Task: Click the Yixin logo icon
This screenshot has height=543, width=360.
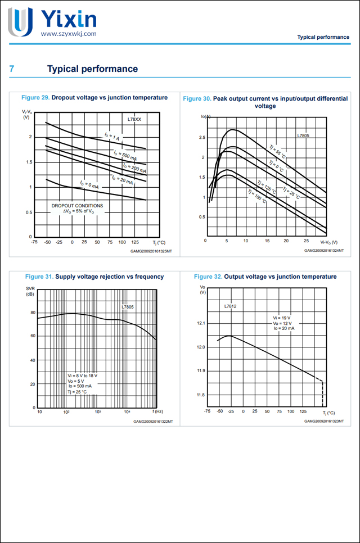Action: pyautogui.click(x=20, y=21)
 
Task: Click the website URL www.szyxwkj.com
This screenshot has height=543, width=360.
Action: pyautogui.click(x=69, y=34)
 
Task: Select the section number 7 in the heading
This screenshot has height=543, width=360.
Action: pyautogui.click(x=12, y=69)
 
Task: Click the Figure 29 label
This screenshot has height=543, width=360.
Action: pyautogui.click(x=35, y=97)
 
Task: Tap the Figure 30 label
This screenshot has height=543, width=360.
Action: pyautogui.click(x=197, y=98)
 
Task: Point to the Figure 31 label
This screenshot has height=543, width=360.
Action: pyautogui.click(x=39, y=277)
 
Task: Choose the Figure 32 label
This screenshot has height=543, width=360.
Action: pyautogui.click(x=208, y=277)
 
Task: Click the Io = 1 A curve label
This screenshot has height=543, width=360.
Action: pyautogui.click(x=112, y=136)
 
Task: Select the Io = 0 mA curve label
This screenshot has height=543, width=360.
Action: pyautogui.click(x=89, y=184)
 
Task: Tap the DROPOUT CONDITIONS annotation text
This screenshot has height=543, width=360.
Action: pyautogui.click(x=77, y=206)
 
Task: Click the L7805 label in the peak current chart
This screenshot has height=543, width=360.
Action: pyautogui.click(x=303, y=135)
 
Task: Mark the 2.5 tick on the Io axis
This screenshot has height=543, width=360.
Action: pyautogui.click(x=201, y=138)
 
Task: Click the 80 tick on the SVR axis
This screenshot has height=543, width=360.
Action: pyautogui.click(x=33, y=313)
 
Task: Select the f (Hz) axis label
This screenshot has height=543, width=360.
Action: pyautogui.click(x=157, y=412)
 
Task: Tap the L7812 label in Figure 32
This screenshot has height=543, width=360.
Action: pyautogui.click(x=229, y=306)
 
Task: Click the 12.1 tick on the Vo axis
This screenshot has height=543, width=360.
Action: pyautogui.click(x=201, y=323)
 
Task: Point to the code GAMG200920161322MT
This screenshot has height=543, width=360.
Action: pyautogui.click(x=153, y=421)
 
